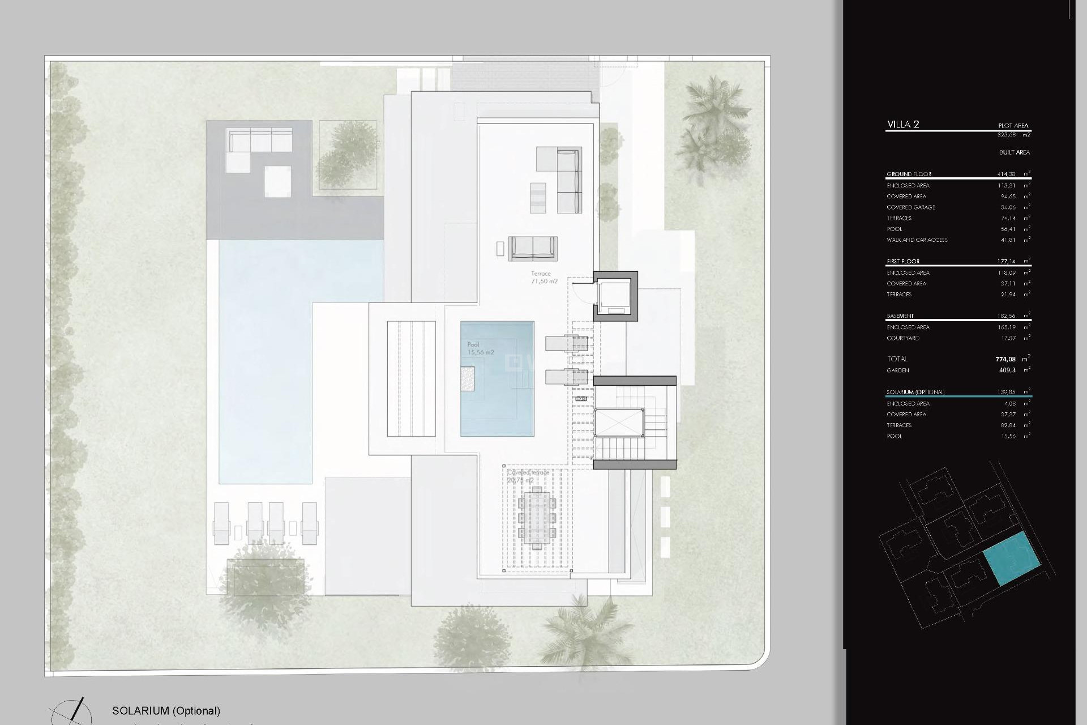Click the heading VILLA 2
902,125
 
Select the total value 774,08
1005,359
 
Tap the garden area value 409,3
1007,370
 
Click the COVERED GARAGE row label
910,207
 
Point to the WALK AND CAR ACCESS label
917,240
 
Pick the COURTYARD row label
902,338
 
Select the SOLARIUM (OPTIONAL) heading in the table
915,392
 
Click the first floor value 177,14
1006,262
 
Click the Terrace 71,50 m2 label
544,277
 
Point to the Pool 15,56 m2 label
480,348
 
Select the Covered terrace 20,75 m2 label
528,476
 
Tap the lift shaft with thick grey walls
615,296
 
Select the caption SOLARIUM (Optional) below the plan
166,711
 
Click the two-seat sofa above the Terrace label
533,248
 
